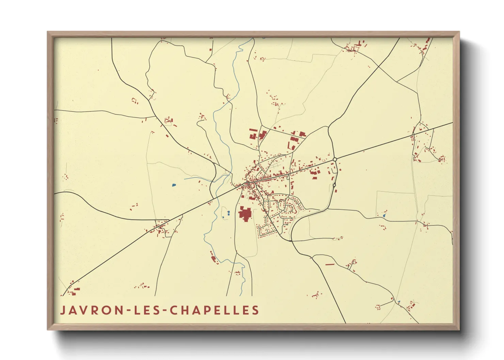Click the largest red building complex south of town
click(245, 214)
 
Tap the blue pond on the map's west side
click(174, 185)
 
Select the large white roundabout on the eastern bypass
click(335, 159)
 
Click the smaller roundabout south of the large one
click(334, 185)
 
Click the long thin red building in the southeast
click(330, 264)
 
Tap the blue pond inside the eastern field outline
click(384, 216)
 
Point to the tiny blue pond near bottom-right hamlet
click(399, 301)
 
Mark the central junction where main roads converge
click(248, 184)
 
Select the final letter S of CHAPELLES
click(256, 310)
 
